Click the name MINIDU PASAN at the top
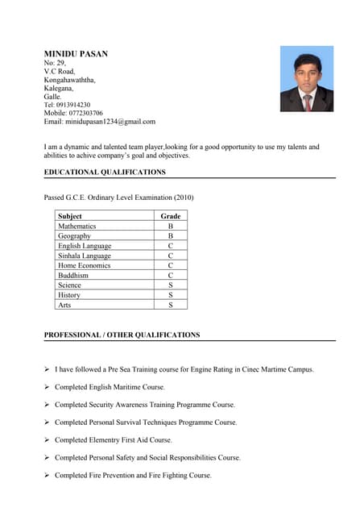pyautogui.click(x=76, y=53)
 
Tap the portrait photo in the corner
pyautogui.click(x=307, y=79)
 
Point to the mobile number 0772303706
pyautogui.click(x=85, y=114)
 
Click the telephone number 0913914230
pyautogui.click(x=72, y=105)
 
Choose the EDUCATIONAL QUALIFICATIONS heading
pyautogui.click(x=105, y=172)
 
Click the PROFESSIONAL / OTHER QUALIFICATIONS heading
pyautogui.click(x=122, y=335)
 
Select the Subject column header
pyautogui.click(x=70, y=216)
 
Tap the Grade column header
pyautogui.click(x=171, y=216)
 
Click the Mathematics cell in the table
pyautogui.click(x=77, y=227)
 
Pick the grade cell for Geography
pyautogui.click(x=171, y=236)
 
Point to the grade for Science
pyautogui.click(x=171, y=285)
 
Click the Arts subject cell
pyautogui.click(x=64, y=305)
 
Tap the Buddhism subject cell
pyautogui.click(x=73, y=276)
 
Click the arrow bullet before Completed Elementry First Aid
pyautogui.click(x=47, y=440)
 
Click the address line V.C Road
pyautogui.click(x=60, y=71)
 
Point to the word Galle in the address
pyautogui.click(x=52, y=96)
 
